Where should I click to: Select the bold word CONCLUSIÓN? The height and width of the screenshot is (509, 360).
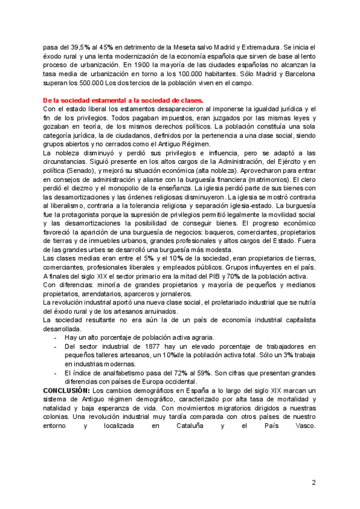(65, 391)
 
